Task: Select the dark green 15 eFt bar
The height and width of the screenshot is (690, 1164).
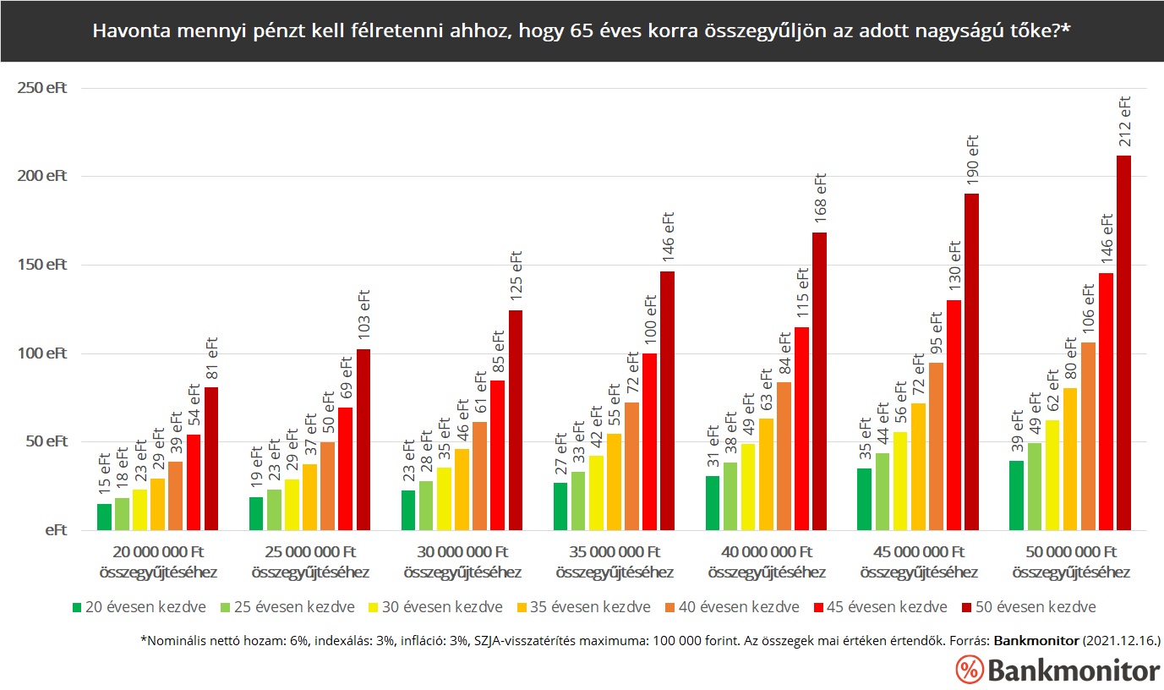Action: click(104, 517)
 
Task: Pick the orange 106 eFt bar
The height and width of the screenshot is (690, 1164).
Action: click(1088, 436)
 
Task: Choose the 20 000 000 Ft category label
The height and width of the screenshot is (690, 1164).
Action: click(158, 561)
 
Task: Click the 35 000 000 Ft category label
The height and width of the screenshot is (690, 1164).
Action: click(615, 561)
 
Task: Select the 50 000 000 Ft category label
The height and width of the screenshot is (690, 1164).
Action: click(1071, 561)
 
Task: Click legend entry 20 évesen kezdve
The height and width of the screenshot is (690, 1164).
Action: click(139, 607)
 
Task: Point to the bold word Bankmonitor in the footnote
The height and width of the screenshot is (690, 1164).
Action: click(1036, 642)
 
